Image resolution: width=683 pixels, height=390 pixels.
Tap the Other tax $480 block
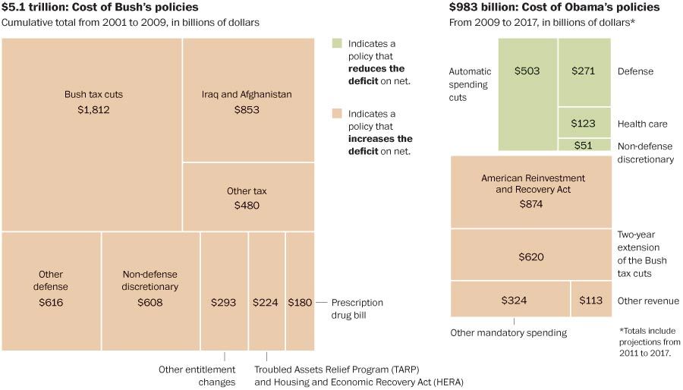[x=247, y=197]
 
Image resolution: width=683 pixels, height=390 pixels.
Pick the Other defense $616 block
[x=51, y=291]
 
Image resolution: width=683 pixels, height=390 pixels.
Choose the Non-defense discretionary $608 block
[x=150, y=291]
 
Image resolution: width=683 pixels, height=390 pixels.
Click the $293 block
[x=224, y=291]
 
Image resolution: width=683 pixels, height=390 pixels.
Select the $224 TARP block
[x=266, y=291]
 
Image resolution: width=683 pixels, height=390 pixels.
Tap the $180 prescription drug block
[x=300, y=291]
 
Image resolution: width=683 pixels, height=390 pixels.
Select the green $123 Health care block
[x=584, y=122]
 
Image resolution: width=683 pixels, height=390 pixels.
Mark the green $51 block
[x=584, y=144]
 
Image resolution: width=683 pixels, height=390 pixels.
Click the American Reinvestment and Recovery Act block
[x=530, y=191]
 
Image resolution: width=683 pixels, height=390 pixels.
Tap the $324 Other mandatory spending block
[x=510, y=299]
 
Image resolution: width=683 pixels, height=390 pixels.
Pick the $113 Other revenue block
[x=590, y=299]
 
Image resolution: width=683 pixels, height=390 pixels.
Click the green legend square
[x=337, y=44]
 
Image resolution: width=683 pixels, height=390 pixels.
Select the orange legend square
[x=337, y=114]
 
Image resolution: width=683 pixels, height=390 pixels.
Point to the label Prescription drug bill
[x=357, y=308]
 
